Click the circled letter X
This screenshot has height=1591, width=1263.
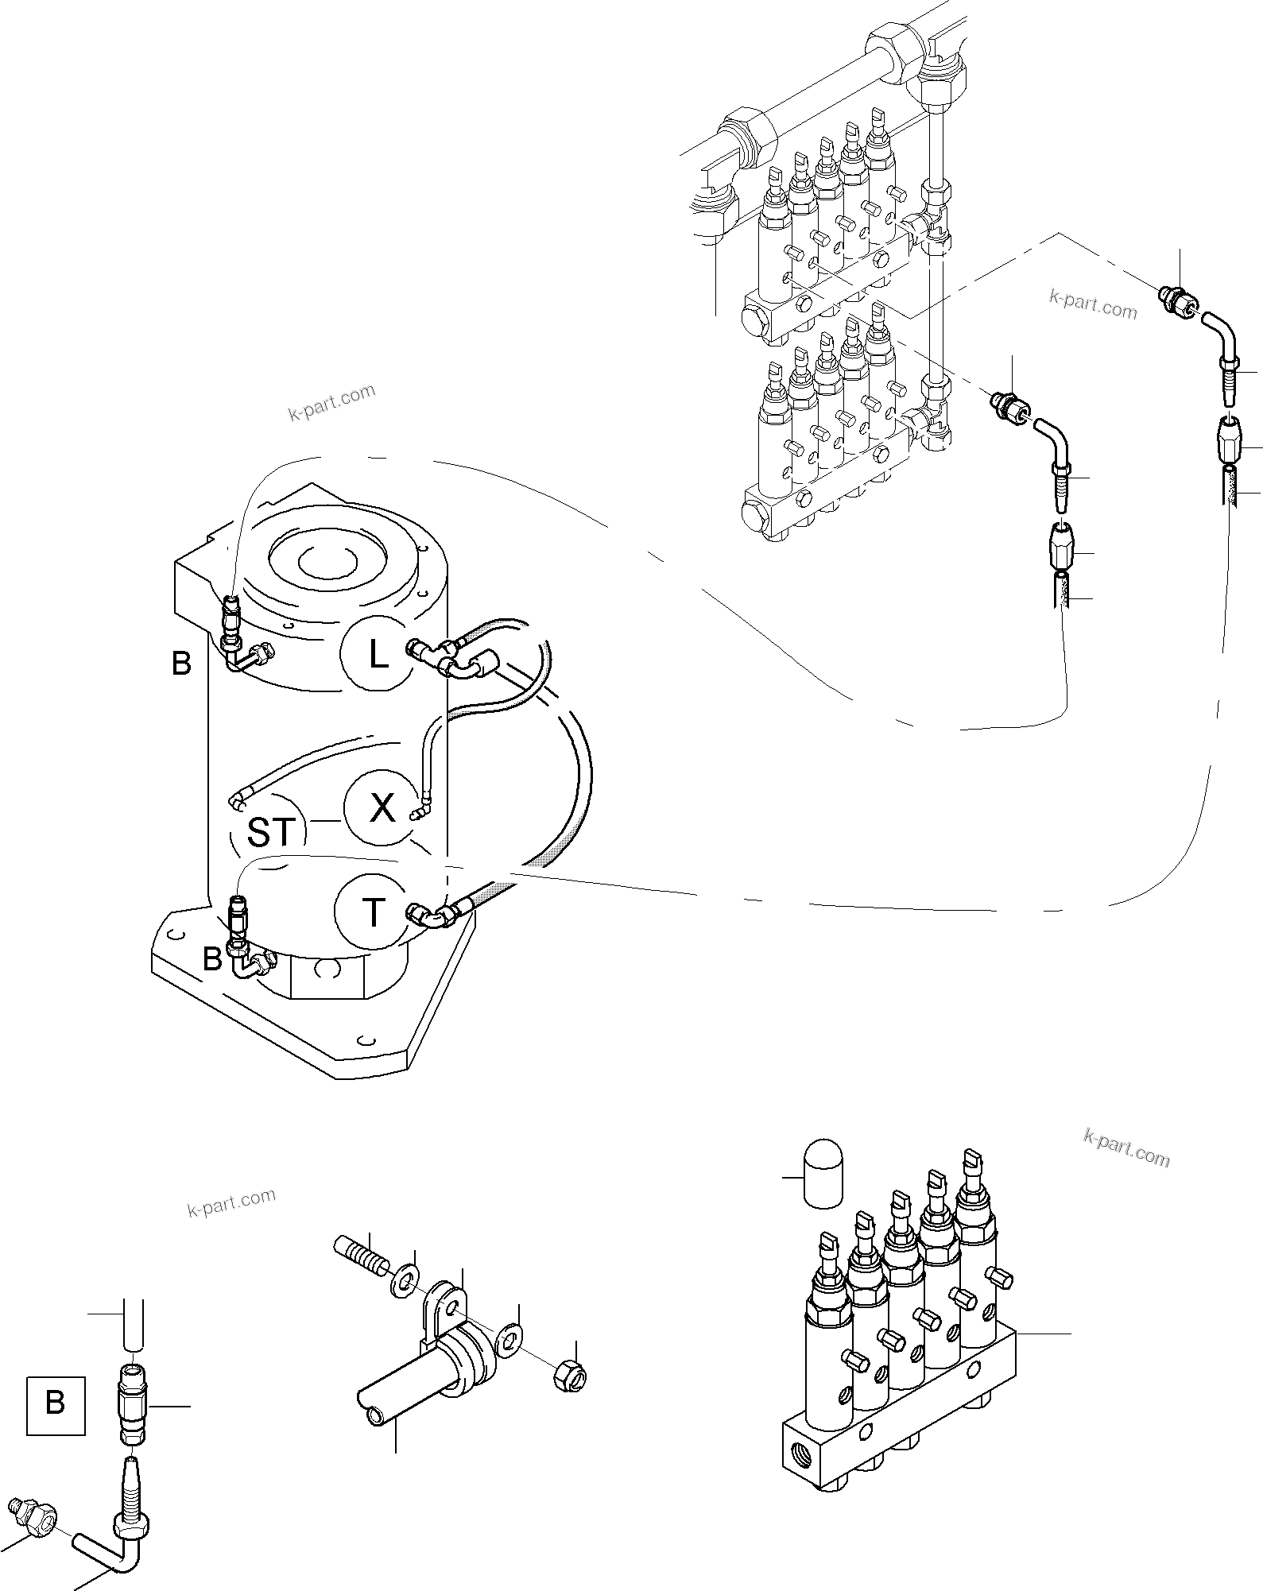381,808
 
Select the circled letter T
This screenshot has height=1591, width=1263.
372,912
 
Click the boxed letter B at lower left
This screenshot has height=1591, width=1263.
56,1403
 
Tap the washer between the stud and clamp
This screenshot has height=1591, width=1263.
405,1283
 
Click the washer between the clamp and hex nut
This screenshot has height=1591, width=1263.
509,1342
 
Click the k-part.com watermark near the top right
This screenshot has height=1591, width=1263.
1093,304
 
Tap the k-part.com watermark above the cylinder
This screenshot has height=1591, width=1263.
331,402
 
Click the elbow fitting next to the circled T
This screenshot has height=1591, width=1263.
433,916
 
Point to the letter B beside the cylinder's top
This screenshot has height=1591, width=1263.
181,663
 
